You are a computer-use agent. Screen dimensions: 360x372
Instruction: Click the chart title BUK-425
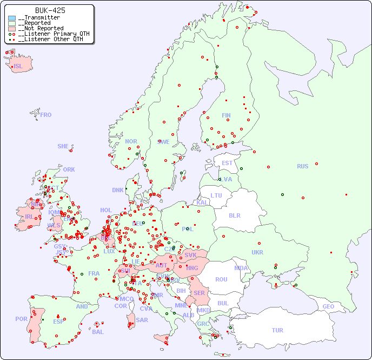click(x=50, y=10)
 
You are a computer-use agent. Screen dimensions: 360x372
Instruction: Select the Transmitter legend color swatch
click(x=12, y=18)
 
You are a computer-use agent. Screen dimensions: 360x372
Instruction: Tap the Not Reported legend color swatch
click(x=12, y=29)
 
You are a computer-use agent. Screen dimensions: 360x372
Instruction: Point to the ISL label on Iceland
click(x=18, y=67)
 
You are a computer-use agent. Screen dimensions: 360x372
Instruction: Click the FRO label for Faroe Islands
click(x=46, y=115)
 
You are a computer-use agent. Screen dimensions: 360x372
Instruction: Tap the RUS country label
click(x=302, y=166)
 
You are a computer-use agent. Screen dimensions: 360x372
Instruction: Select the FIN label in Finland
click(x=226, y=115)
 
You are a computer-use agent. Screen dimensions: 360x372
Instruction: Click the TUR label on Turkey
click(x=277, y=330)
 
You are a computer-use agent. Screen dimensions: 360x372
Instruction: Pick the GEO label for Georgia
click(x=328, y=306)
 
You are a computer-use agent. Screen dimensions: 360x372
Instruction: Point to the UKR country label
click(x=257, y=252)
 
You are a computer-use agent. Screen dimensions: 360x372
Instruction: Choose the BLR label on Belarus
click(x=234, y=215)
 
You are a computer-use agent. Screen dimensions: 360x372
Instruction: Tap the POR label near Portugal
click(x=21, y=319)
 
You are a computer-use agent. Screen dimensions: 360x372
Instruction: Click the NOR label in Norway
click(x=131, y=141)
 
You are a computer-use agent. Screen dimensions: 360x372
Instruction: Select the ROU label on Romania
click(x=221, y=279)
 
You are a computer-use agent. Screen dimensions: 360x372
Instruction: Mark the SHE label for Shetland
click(x=63, y=146)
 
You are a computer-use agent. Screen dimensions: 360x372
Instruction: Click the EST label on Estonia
click(x=227, y=163)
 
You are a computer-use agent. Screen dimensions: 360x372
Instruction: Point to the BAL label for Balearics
click(x=97, y=332)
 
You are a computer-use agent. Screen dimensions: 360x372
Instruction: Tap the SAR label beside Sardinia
click(x=142, y=320)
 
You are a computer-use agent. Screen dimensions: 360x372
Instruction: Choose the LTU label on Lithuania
click(x=216, y=195)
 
